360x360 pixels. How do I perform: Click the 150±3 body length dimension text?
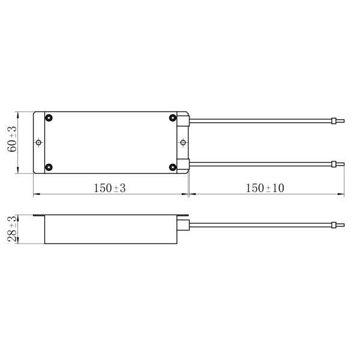pos(110,188)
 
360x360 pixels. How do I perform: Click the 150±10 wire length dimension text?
pos(265,188)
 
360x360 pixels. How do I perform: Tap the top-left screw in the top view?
pos(49,118)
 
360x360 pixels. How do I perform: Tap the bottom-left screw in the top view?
pos(49,167)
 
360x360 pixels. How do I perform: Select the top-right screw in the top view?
pos(173,118)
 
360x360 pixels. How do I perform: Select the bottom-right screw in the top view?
pos(173,167)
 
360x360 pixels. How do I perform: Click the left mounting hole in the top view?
pos(39,142)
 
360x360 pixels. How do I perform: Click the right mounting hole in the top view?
pos(184,142)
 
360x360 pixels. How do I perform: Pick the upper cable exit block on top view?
pos(184,121)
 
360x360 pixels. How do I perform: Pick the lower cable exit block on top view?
pos(184,163)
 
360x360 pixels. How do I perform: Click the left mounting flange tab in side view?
pos(39,216)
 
